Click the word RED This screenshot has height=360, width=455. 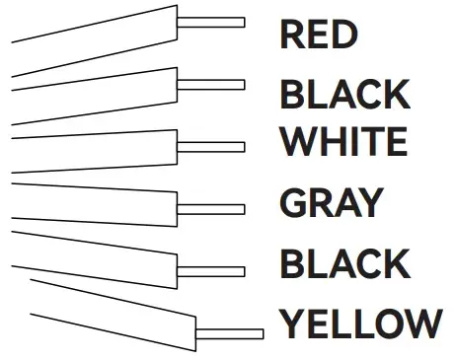click(317, 34)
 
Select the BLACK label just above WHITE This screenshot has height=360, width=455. click(344, 96)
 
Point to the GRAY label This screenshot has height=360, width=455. click(330, 203)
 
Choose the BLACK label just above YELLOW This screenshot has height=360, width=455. click(344, 264)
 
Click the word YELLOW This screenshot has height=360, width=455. click(359, 323)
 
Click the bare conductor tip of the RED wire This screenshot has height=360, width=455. click(211, 22)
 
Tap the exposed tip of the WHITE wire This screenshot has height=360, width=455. click(211, 146)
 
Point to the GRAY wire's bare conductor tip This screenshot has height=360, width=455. click(211, 208)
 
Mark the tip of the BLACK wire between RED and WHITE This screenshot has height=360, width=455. click(211, 84)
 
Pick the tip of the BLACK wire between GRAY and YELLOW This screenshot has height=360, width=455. click(211, 268)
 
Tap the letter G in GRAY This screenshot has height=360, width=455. click(294, 203)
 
